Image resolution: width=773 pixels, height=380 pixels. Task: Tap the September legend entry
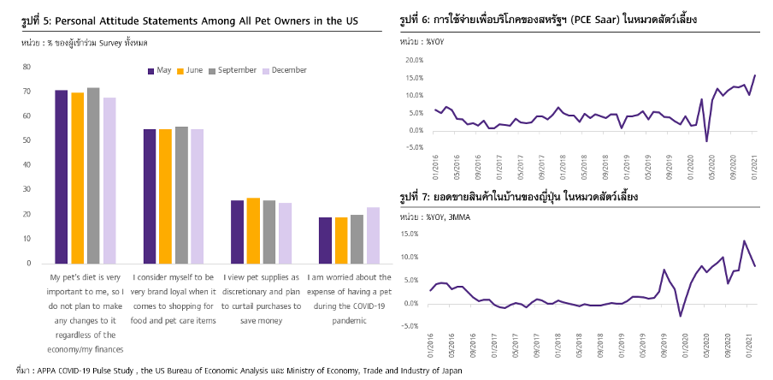(x=234, y=70)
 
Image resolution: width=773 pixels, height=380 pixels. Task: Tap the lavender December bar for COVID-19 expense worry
(x=372, y=235)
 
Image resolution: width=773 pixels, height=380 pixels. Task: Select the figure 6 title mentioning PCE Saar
(x=547, y=19)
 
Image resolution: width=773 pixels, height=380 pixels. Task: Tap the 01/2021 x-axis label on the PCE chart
(x=752, y=167)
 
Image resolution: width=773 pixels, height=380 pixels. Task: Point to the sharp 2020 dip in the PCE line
(x=706, y=141)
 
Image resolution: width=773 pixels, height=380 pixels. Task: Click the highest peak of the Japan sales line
(x=743, y=241)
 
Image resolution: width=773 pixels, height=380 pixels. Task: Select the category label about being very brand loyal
(x=174, y=298)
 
